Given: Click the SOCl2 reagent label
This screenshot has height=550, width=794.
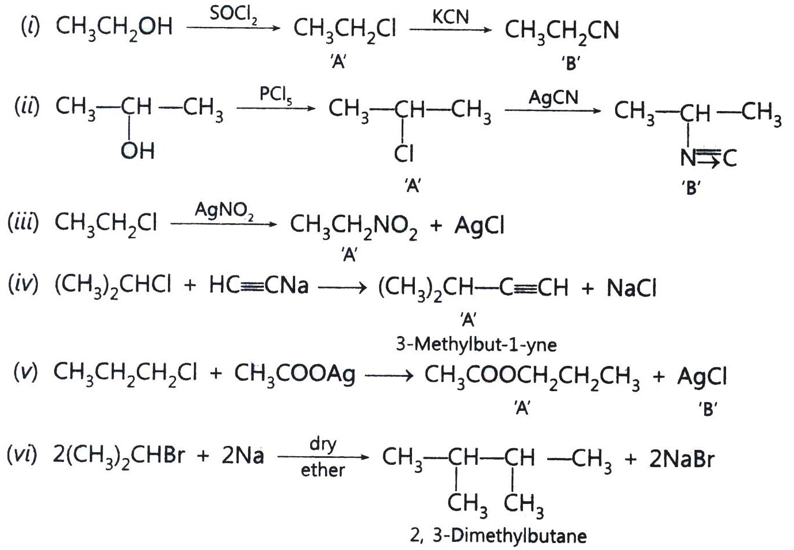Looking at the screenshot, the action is click(234, 14).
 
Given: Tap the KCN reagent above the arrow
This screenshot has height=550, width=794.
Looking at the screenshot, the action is click(451, 17).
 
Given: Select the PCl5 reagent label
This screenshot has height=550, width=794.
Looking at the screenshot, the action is click(276, 95).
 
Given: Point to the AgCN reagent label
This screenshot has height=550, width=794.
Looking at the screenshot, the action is click(553, 97).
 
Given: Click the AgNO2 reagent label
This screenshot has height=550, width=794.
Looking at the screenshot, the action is click(224, 211).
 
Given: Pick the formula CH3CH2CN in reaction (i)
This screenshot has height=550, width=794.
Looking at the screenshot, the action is click(562, 31).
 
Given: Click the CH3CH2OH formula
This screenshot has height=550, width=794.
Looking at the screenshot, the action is click(114, 28).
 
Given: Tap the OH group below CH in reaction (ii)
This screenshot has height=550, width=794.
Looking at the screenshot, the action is click(138, 151).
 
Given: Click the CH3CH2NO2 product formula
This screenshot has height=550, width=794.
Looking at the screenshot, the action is click(354, 226).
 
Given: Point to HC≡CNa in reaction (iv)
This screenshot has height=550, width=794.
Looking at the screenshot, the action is click(259, 285).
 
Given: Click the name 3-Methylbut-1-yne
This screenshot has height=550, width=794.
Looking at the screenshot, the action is click(476, 345).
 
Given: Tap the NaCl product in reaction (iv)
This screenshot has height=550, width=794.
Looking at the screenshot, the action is click(631, 287).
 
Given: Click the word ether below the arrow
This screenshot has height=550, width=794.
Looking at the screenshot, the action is click(323, 471).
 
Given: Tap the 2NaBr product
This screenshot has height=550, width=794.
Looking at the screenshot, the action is click(682, 459).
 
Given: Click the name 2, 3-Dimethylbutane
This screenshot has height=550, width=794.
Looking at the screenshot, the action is click(498, 536).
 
